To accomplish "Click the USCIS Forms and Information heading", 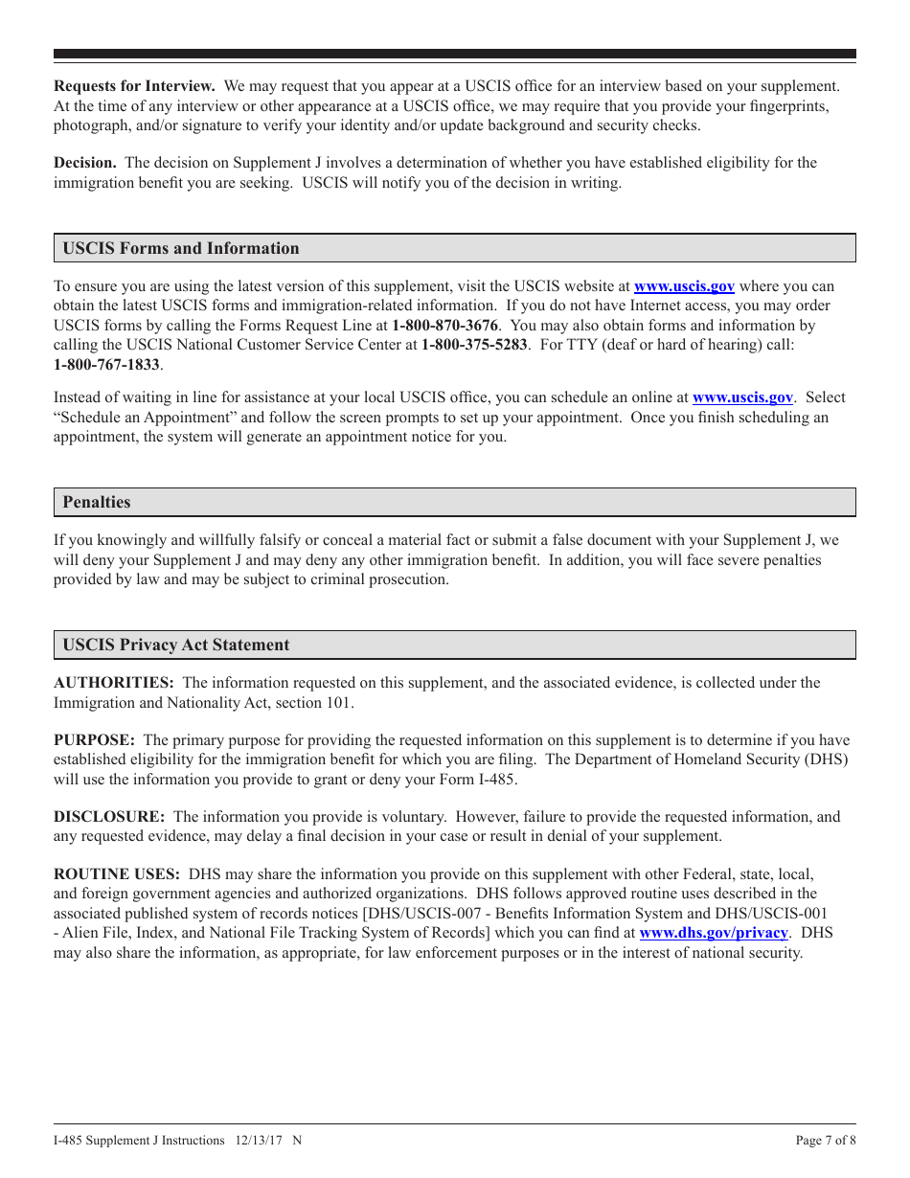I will (x=181, y=249).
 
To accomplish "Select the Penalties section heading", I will (x=97, y=503).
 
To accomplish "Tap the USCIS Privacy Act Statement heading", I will (x=176, y=646).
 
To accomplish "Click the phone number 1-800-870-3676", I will (x=444, y=326).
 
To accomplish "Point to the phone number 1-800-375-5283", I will (x=474, y=345).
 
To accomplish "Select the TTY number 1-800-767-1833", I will (x=106, y=365).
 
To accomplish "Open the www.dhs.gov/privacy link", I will (x=713, y=933).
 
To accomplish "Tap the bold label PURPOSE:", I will (x=94, y=740).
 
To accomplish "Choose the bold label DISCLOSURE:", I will (x=109, y=817).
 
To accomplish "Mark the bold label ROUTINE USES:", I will (x=117, y=874).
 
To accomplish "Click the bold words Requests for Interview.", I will (x=134, y=86).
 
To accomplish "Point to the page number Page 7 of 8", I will (x=826, y=1141).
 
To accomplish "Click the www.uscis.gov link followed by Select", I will (x=742, y=397).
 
